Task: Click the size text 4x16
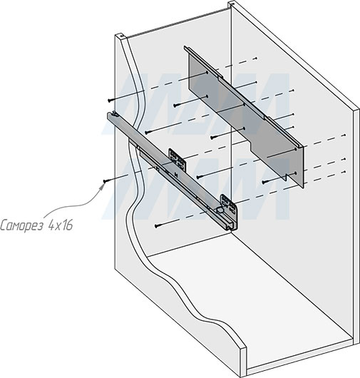60,225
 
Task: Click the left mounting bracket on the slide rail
176,158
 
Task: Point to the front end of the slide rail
232,227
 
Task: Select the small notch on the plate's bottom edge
288,175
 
